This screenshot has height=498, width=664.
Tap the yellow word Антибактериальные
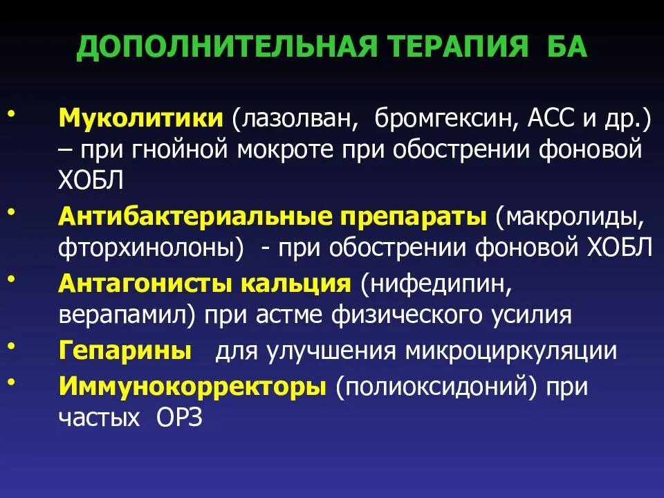(194, 217)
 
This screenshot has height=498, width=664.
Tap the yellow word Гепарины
(125, 351)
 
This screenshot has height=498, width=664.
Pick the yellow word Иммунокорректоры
(192, 385)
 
